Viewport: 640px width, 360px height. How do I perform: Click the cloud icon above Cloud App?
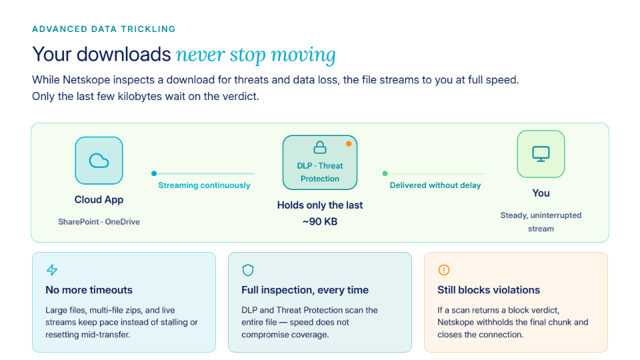point(99,161)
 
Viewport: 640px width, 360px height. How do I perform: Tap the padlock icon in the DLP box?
point(320,147)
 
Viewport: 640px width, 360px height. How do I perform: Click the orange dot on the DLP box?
point(349,144)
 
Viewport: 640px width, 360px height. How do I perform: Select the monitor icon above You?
point(541,154)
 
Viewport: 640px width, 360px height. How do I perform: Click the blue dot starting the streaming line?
point(154,173)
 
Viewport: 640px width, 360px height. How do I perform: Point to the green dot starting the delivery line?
point(385,173)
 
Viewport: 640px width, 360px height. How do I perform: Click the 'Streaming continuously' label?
point(204,185)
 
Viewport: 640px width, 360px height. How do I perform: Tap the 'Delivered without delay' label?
point(435,185)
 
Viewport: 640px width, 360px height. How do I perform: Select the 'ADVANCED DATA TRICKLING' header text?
point(104,29)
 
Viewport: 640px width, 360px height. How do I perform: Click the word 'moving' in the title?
point(303,55)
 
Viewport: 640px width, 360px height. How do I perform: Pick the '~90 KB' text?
point(320,221)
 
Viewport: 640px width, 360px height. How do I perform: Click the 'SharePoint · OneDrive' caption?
point(99,221)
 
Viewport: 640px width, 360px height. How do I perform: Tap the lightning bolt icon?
point(52,270)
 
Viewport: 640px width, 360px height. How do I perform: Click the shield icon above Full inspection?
point(248,270)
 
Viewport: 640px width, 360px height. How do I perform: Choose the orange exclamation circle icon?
point(444,270)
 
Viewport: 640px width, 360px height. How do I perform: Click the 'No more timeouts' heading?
point(89,290)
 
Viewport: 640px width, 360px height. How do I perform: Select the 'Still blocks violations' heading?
point(489,290)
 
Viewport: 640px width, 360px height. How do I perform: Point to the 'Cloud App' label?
point(99,199)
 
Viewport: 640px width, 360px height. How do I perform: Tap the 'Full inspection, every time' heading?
point(305,290)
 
